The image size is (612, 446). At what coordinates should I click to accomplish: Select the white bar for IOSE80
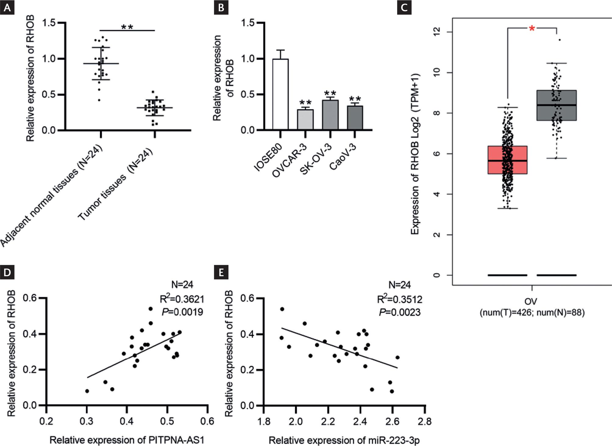(280, 95)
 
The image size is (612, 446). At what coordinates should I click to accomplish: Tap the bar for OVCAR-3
(305, 120)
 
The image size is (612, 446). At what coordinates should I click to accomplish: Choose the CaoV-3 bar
(355, 118)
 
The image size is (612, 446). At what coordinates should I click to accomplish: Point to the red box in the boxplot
(507, 160)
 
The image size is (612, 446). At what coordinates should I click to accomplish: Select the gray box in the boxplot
(556, 105)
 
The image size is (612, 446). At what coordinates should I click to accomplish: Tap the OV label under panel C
(532, 301)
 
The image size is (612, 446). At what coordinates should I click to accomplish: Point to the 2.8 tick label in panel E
(425, 422)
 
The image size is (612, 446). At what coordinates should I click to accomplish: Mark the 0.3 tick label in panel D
(87, 422)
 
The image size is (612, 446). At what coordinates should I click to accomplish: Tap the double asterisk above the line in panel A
(127, 27)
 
